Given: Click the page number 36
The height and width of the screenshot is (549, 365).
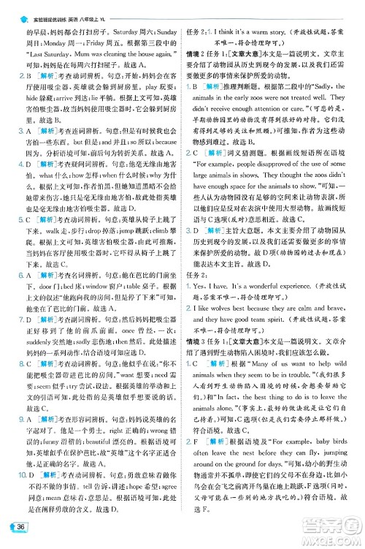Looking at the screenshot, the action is point(21,529).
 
